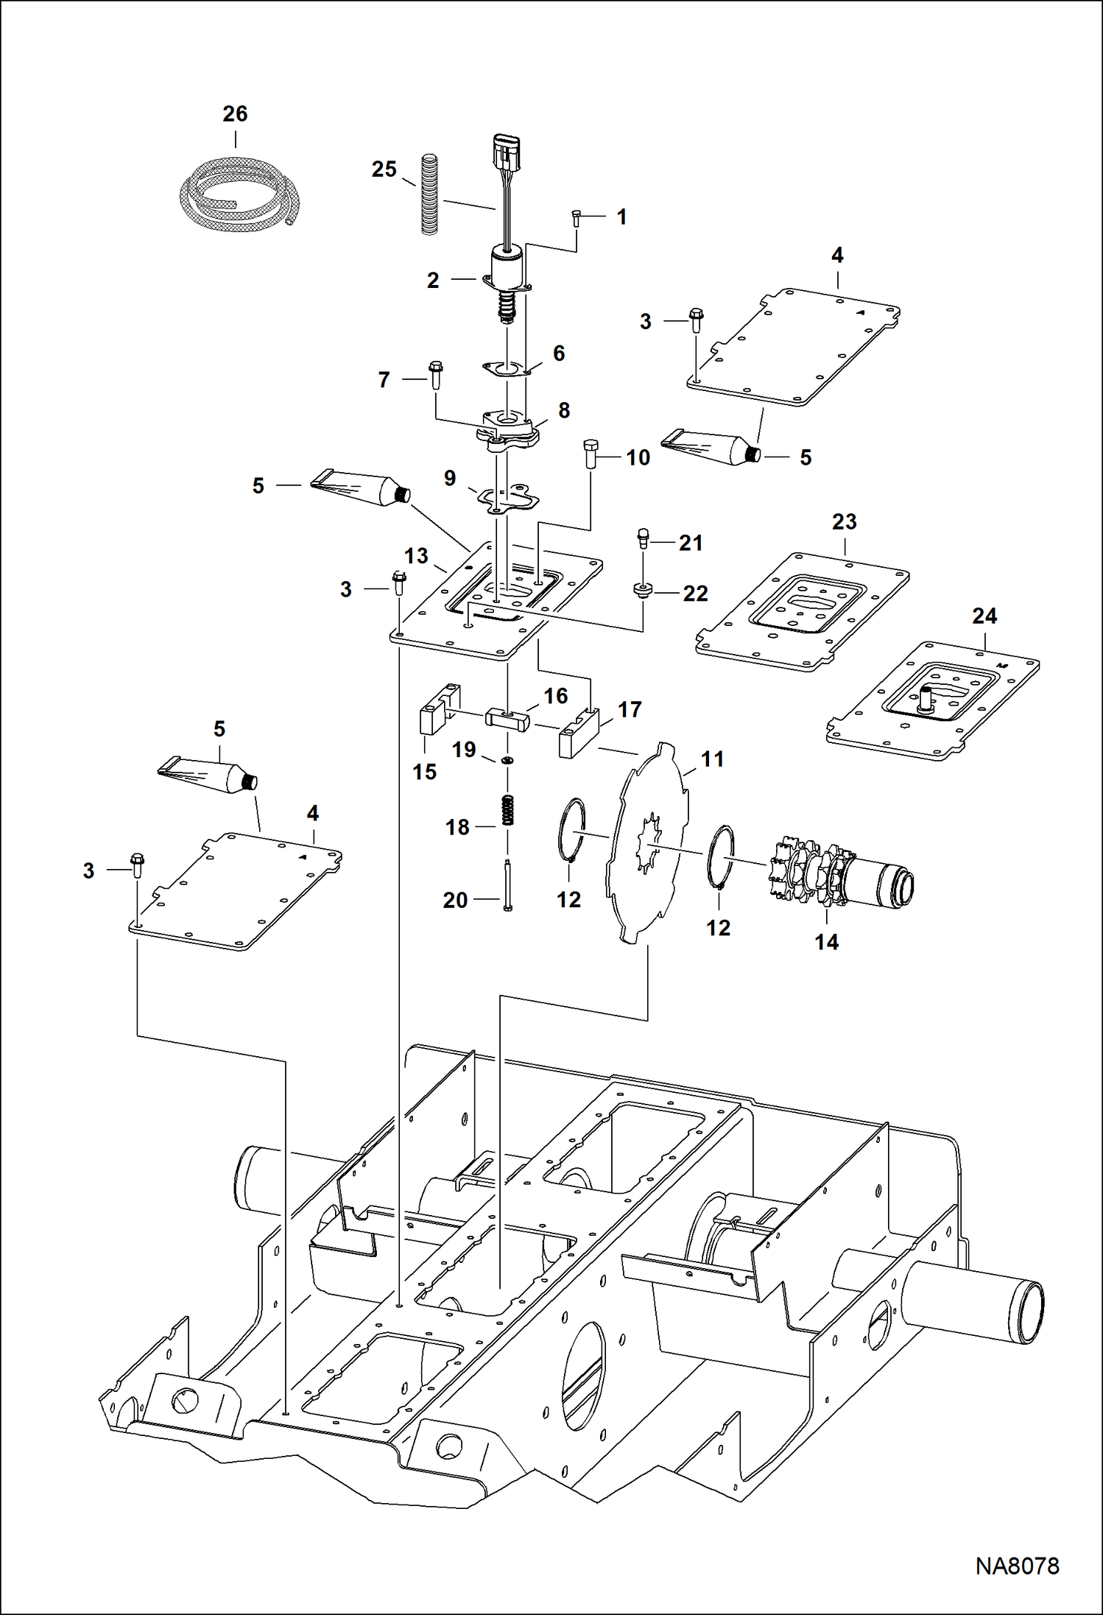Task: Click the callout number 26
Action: (235, 114)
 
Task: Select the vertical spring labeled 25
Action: (429, 194)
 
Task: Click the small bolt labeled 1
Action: (577, 218)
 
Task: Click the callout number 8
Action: (563, 410)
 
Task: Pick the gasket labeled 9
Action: (505, 498)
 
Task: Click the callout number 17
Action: (630, 709)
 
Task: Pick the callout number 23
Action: (844, 522)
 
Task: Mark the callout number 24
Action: (984, 616)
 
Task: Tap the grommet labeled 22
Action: (643, 591)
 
